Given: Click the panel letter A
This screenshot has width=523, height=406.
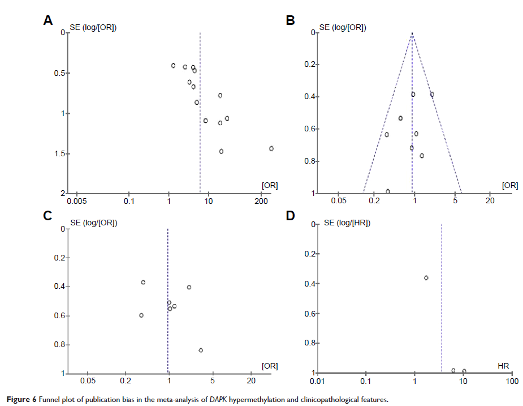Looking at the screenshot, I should tap(49, 21).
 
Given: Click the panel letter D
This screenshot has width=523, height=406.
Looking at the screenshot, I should tap(291, 215).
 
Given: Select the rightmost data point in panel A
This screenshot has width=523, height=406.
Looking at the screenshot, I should tap(271, 148).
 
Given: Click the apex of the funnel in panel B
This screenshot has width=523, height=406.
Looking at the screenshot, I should tap(413, 33).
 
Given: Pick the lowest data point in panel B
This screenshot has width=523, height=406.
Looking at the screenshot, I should tap(388, 191).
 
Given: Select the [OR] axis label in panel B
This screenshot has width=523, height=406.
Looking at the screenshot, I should tap(510, 185).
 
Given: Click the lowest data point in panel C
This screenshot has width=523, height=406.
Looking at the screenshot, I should tap(201, 350).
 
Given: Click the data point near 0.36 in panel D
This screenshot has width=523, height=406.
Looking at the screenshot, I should tap(426, 277).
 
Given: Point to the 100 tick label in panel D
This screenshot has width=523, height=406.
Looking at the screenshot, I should tap(512, 382).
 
